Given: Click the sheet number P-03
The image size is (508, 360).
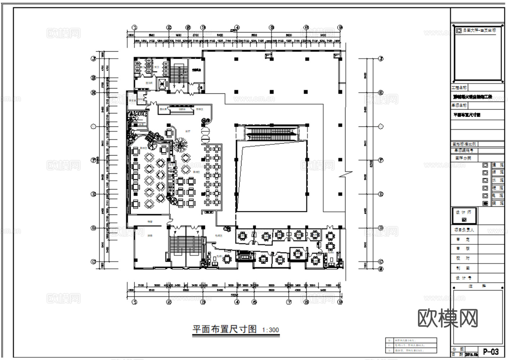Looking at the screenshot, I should (x=491, y=352).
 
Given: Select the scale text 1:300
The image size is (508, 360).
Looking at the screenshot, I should (x=270, y=330).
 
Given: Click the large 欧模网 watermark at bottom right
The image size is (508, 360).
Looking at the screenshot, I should (x=448, y=318).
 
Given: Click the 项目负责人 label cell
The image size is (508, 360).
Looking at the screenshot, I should (x=464, y=230).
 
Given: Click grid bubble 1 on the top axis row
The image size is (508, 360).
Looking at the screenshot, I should (x=135, y=27).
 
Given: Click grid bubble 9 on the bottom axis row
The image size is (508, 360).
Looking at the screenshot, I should (x=340, y=302).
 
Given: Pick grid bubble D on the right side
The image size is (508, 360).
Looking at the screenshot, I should (x=381, y=228).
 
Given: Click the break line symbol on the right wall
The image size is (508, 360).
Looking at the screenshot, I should (x=345, y=174).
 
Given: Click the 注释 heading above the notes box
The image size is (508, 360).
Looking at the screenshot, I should (x=477, y=286).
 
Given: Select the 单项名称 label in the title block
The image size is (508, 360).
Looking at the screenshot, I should (x=459, y=105).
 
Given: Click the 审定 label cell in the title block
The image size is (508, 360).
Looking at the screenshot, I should (x=463, y=239).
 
